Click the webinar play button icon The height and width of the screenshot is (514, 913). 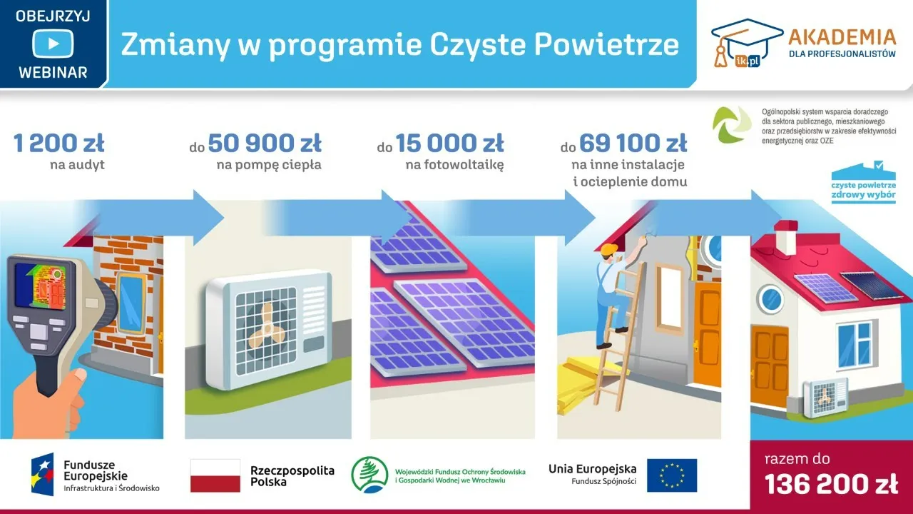tap(53, 44)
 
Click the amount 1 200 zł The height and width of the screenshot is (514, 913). tap(58, 143)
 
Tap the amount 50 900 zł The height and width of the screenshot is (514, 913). tap(265, 143)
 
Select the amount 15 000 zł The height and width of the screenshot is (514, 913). tap(449, 143)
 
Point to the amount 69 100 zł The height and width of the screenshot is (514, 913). tap(633, 143)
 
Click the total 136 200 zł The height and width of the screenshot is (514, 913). tap(831, 485)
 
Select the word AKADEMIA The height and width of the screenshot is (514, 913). tap(842, 36)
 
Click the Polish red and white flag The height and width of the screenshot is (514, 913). tap(215, 475)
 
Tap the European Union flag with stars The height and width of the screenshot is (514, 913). tap(672, 475)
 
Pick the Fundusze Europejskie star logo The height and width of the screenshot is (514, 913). tap(42, 475)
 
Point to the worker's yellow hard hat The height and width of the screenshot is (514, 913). tap(608, 249)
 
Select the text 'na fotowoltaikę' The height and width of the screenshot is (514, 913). tap(454, 166)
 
